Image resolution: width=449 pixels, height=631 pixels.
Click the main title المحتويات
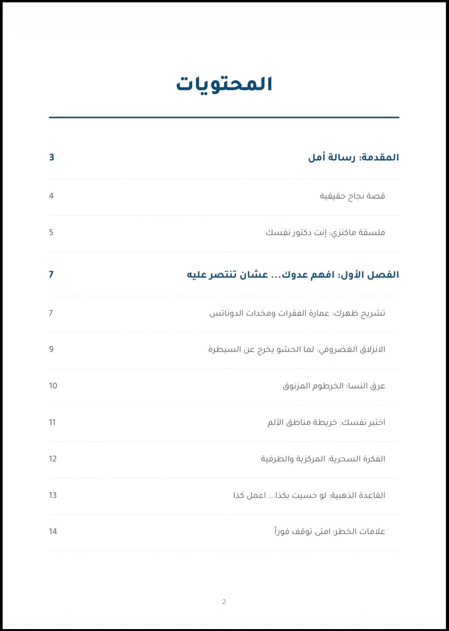224,84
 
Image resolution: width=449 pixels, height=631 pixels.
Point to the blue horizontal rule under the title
224,117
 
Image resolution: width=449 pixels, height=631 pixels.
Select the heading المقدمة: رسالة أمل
353,158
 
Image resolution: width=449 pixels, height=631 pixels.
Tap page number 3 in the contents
51,158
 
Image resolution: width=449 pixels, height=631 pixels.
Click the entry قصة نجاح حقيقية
352,196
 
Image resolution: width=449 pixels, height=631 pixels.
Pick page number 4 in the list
51,196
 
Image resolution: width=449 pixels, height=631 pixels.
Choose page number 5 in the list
51,232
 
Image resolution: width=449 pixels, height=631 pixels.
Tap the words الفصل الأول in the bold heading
369,275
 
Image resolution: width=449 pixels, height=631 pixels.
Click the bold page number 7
51,275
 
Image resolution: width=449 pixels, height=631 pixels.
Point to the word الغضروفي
339,349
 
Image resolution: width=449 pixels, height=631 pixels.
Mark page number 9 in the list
51,349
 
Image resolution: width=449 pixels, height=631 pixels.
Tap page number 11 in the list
52,422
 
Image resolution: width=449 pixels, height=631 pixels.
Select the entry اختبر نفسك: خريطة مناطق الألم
326,422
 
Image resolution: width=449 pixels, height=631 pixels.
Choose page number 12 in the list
53,459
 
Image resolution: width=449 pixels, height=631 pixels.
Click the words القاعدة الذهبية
357,495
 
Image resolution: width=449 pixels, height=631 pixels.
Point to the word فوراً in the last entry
282,531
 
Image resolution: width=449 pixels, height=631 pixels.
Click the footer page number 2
224,602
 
